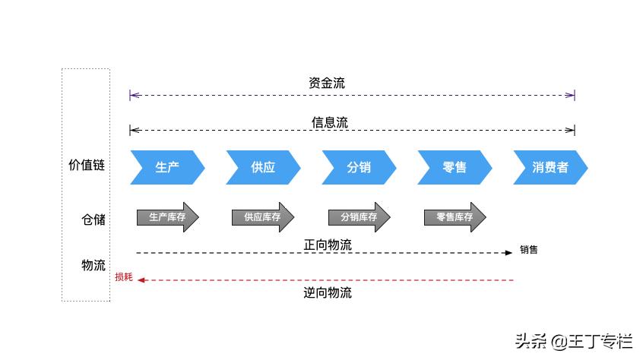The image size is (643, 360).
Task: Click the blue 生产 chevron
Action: click(167, 167)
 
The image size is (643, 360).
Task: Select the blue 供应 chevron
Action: click(263, 167)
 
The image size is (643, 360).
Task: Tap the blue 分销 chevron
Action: click(359, 167)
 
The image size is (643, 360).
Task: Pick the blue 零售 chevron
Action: click(455, 167)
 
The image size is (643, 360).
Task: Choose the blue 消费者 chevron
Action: click(550, 167)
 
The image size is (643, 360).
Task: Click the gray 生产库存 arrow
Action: click(167, 217)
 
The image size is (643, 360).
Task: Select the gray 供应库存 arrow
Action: click(262, 217)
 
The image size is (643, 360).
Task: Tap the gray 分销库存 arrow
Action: click(359, 217)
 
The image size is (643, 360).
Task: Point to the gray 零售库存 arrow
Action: click(455, 217)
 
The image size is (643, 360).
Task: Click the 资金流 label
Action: click(327, 83)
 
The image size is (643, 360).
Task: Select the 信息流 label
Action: click(330, 122)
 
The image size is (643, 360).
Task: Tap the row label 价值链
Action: click(87, 165)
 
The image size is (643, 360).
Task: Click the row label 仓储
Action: click(93, 219)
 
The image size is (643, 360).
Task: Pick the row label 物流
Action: click(93, 265)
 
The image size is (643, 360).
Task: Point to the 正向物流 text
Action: click(328, 245)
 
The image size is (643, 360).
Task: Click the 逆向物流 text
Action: click(328, 292)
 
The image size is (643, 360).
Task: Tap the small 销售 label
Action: click(529, 250)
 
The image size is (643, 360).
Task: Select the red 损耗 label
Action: click(123, 277)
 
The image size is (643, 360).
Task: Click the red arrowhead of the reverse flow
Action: click(141, 280)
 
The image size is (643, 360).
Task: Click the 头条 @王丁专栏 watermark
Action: click(573, 341)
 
